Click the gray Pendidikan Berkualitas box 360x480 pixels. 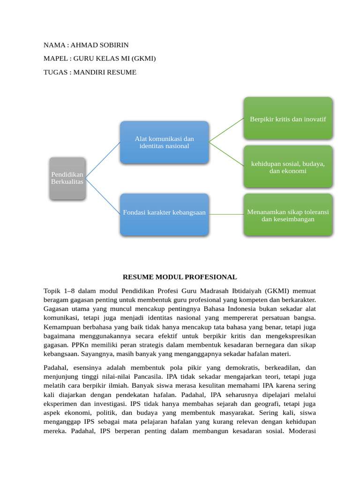coord(67,178)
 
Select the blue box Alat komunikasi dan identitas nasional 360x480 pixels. coord(164,142)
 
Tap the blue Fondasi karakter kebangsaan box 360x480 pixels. coord(164,213)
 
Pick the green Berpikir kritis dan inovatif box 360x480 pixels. coord(288,119)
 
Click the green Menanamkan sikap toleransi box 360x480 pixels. coord(288,215)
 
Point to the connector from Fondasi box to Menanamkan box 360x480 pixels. coord(226,215)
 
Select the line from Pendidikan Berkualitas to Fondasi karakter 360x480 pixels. coord(103,196)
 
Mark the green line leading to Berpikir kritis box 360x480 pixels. coord(226,130)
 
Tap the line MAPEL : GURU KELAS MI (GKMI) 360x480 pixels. coord(99,59)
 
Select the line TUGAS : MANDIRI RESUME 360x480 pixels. coord(90,72)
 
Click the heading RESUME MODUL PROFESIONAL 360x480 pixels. coord(180,277)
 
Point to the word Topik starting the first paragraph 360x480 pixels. coord(52,291)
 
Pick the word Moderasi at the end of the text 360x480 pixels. coord(303,431)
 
